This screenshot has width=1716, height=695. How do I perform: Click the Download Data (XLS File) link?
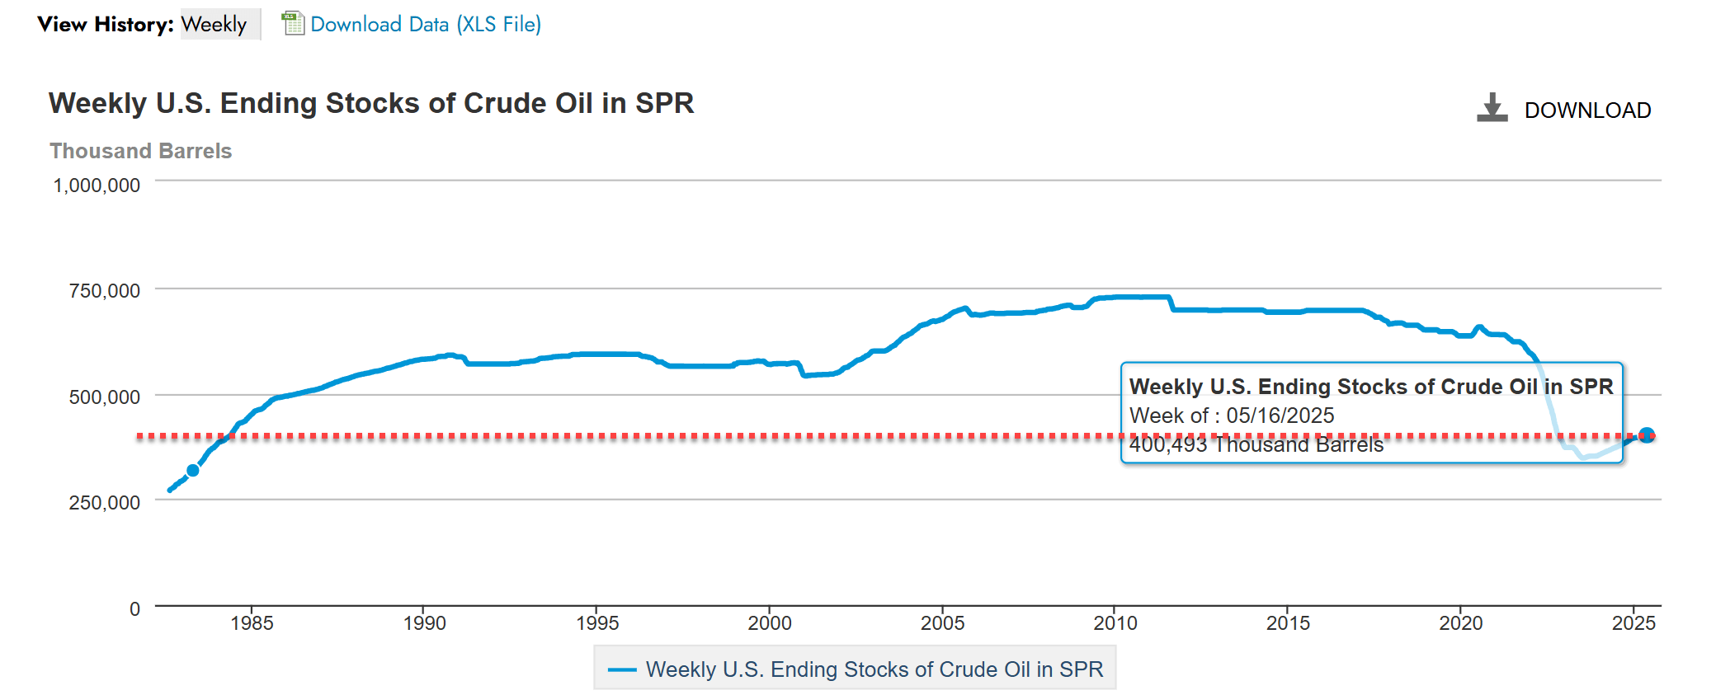click(x=426, y=24)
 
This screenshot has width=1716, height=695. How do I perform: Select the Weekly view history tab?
click(x=214, y=24)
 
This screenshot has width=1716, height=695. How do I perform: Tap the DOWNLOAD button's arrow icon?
click(x=1492, y=108)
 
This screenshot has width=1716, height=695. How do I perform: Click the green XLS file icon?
click(x=293, y=23)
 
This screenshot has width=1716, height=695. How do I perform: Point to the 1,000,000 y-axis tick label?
click(x=97, y=185)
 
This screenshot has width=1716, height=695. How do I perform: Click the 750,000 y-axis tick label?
click(x=104, y=291)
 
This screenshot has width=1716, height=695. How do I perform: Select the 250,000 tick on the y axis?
click(x=104, y=502)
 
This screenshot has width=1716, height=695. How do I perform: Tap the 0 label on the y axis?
click(x=134, y=609)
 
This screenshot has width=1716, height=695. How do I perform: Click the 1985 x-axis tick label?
click(x=252, y=623)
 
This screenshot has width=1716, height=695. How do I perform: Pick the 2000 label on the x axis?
click(x=770, y=623)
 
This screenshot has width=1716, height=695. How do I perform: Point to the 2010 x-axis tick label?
click(x=1115, y=623)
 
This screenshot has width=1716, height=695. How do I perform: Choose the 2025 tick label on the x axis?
click(x=1633, y=623)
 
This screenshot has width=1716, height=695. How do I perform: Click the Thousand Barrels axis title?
click(x=140, y=151)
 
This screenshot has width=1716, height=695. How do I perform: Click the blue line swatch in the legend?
click(x=622, y=669)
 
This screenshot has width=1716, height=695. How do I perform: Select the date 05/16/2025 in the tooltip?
click(x=1280, y=416)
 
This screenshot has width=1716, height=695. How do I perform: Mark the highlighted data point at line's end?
click(x=1646, y=435)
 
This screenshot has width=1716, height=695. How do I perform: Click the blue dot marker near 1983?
click(x=193, y=471)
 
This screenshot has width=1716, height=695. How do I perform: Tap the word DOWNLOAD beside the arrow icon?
click(x=1587, y=110)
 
